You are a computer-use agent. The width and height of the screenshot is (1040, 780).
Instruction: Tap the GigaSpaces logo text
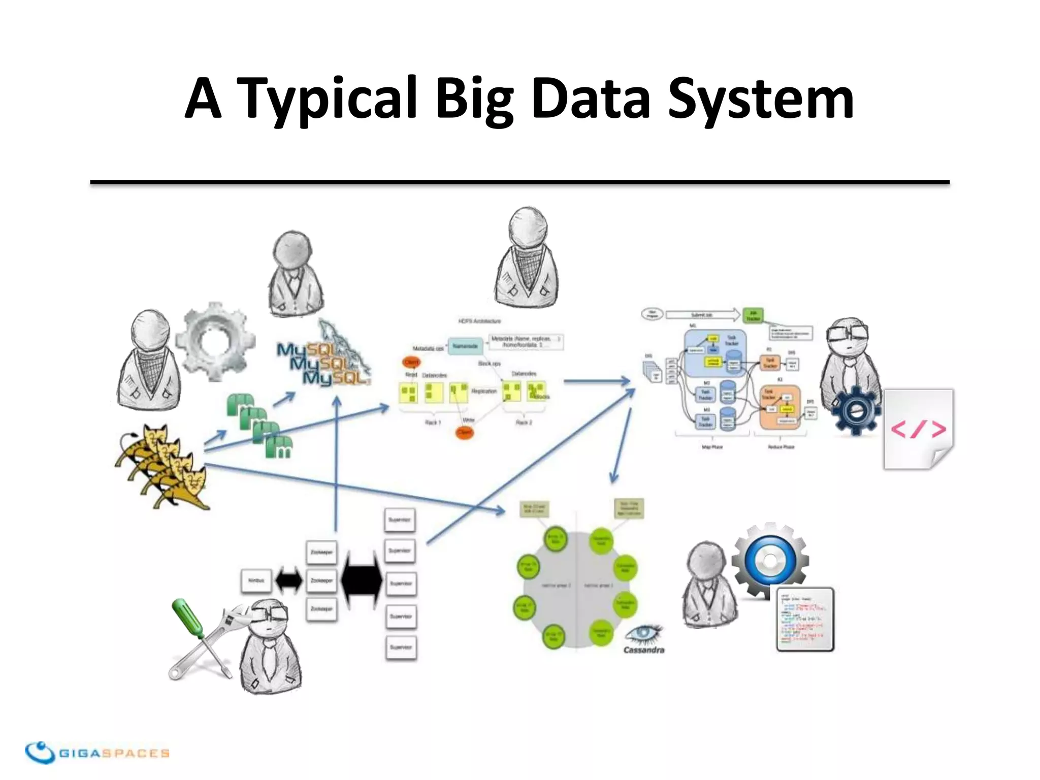pos(114,753)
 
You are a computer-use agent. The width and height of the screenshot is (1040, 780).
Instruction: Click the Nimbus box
pos(256,580)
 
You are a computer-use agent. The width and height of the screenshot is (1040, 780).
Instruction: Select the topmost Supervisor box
pos(400,520)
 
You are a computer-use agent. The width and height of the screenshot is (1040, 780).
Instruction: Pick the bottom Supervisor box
pos(401,647)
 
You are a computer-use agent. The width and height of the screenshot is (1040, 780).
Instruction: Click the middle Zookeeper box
pos(321,580)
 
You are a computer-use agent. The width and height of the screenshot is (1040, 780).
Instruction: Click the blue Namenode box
pos(465,346)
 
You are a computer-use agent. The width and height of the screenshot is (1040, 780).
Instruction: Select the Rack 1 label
pos(432,422)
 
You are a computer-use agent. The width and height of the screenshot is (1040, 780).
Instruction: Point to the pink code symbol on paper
pos(918,430)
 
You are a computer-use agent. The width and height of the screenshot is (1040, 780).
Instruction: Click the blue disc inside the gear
pos(770,560)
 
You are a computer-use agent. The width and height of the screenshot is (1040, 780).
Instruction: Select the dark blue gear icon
pos(856,410)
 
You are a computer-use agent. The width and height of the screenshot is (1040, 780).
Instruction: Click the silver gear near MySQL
pos(215,341)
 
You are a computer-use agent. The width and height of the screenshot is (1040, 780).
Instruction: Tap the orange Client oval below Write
pos(465,433)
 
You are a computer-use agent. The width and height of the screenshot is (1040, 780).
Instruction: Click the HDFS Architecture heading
pos(479,321)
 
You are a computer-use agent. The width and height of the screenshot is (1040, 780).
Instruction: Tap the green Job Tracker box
pos(753,315)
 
